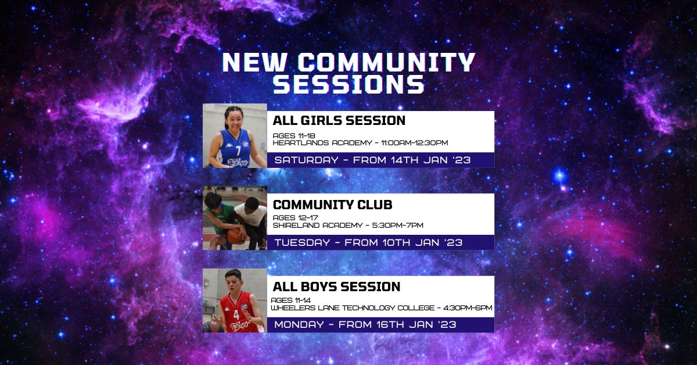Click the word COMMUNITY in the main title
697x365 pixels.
click(x=389, y=62)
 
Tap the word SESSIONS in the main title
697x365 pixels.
click(x=349, y=84)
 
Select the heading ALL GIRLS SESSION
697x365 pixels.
click(x=339, y=120)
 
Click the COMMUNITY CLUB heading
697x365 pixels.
click(x=332, y=205)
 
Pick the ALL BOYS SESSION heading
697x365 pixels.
click(x=336, y=287)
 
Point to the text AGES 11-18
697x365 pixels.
click(x=294, y=136)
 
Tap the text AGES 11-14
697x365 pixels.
click(x=290, y=300)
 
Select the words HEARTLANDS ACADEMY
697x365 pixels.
click(x=322, y=143)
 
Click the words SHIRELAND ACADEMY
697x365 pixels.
click(x=318, y=225)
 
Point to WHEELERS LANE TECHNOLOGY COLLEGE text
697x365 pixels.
click(x=353, y=308)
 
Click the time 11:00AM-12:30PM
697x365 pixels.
click(x=415, y=143)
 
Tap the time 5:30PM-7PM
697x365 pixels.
click(x=398, y=225)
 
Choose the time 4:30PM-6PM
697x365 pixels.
click(x=468, y=308)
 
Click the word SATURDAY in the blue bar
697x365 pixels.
click(x=306, y=160)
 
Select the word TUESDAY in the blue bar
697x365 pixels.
click(x=302, y=242)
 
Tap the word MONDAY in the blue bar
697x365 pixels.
click(x=299, y=324)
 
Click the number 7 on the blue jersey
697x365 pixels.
click(x=238, y=151)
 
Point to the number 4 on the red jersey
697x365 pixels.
click(x=236, y=314)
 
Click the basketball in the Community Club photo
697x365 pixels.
click(x=235, y=236)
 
